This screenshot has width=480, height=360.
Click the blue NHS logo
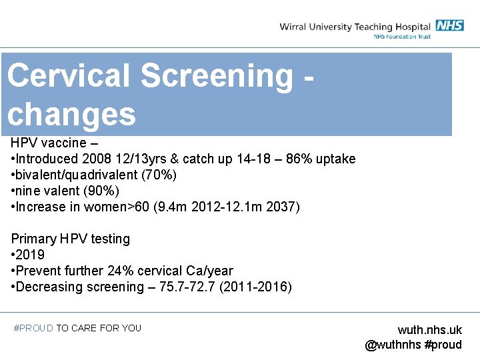click(x=449, y=25)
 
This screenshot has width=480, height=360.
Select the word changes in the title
click(x=71, y=115)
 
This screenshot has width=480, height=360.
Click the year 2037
click(x=283, y=207)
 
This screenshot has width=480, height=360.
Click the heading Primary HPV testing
click(x=71, y=239)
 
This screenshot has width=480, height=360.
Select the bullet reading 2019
click(x=30, y=255)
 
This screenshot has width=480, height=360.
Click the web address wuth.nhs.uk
click(x=429, y=330)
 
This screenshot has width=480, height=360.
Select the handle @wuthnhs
click(x=393, y=345)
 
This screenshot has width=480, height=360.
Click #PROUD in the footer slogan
click(x=33, y=328)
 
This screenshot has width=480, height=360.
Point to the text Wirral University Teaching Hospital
click(x=355, y=27)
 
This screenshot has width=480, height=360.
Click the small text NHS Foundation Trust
click(x=401, y=37)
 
